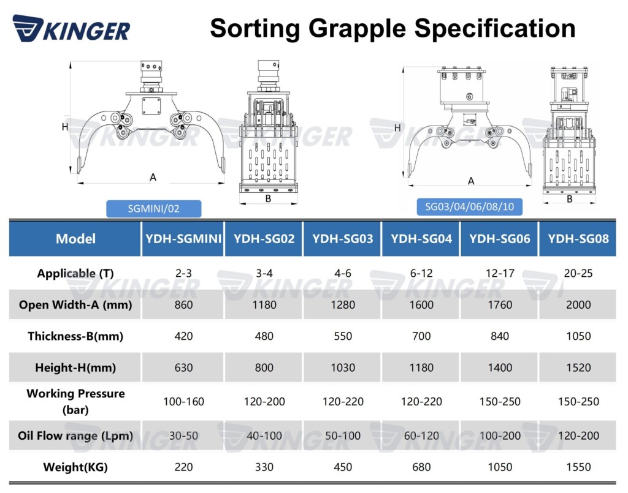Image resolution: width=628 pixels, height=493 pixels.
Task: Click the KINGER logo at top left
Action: [71, 29]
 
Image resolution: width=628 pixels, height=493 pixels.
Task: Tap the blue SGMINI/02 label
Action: [153, 209]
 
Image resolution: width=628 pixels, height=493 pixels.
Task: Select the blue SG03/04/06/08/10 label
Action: [469, 206]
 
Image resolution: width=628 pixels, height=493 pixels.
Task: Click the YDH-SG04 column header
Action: [421, 238]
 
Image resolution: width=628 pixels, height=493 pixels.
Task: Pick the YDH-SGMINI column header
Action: [183, 238]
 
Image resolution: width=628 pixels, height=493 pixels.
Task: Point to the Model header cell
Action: [75, 238]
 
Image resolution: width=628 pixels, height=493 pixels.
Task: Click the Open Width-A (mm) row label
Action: [75, 304]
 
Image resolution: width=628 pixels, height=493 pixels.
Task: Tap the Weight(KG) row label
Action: [75, 467]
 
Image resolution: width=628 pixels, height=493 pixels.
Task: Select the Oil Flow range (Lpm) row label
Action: [75, 436]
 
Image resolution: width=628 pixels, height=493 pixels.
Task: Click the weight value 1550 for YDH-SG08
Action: [578, 467]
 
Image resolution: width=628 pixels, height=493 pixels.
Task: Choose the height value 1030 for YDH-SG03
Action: [343, 368]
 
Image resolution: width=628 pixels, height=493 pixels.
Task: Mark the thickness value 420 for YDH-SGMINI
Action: [183, 336]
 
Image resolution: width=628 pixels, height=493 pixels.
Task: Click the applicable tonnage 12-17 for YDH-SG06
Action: [500, 273]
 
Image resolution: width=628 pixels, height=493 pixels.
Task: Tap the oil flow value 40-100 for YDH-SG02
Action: [264, 436]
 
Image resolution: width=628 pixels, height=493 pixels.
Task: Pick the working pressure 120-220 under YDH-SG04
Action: [421, 402]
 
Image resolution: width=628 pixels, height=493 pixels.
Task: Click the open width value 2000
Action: [578, 304]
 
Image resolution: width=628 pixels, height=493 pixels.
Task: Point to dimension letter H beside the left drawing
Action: [65, 127]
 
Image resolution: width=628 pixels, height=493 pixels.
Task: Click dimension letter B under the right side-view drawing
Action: [569, 199]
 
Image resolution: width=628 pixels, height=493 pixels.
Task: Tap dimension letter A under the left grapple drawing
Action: [153, 177]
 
